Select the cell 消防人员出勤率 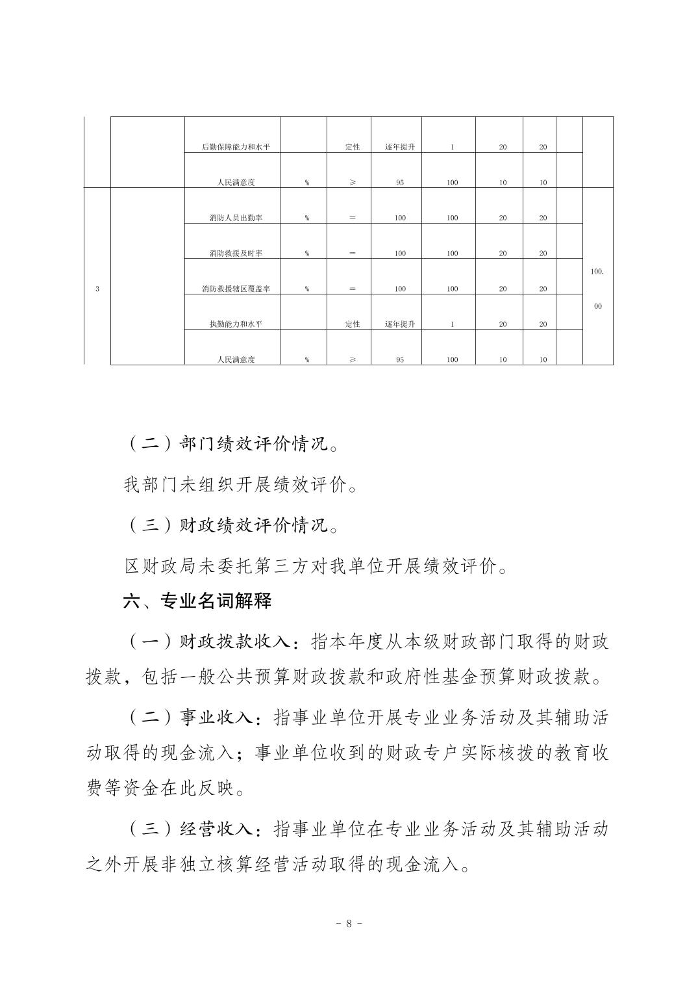coord(232,218)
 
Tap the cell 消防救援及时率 coord(232,253)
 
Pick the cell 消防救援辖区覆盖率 coord(232,289)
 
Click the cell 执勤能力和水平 coord(232,324)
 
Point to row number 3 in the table coord(97,289)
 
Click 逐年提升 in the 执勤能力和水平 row coord(399,324)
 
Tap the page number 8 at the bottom coord(349,924)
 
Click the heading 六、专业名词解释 coord(197,601)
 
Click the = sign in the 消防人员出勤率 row coord(352,218)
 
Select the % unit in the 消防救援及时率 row coord(306,253)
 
